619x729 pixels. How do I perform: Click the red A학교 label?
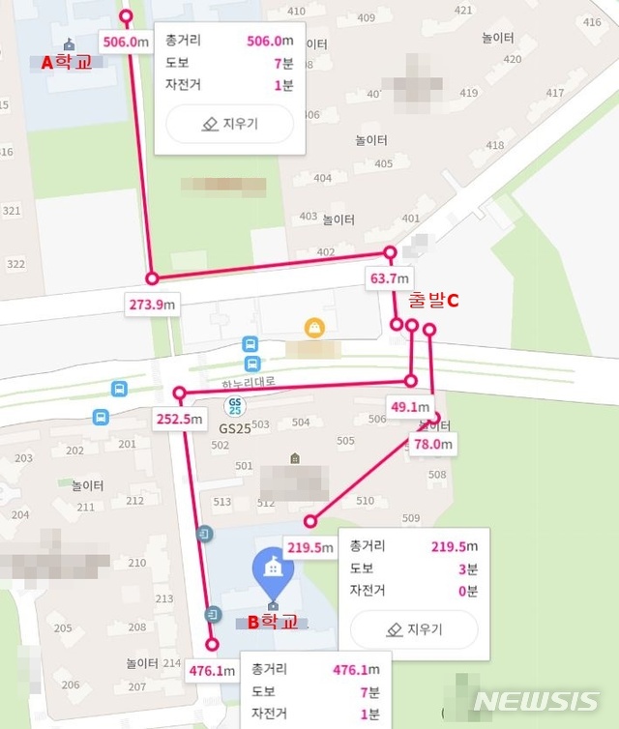tap(65, 63)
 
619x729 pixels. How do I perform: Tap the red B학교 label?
tap(275, 622)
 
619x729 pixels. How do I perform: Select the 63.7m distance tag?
tap(390, 278)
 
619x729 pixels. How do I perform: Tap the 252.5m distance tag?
tap(179, 419)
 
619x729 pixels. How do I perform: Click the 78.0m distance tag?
tap(432, 444)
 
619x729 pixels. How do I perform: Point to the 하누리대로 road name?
tap(249, 382)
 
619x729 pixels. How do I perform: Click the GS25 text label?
tap(234, 427)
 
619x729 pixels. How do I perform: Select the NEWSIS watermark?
tap(537, 702)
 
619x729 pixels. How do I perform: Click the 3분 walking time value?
tap(467, 569)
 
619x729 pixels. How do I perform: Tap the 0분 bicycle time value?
tap(467, 591)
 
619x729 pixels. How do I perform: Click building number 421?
tap(463, 11)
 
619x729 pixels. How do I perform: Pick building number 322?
tap(15, 264)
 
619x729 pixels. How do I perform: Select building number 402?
tap(326, 252)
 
